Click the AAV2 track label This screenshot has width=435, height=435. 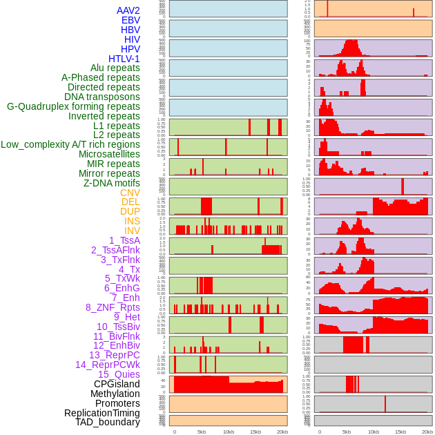[128, 10]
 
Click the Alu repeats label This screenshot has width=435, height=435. [115, 68]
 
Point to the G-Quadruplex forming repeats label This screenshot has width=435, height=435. [73, 106]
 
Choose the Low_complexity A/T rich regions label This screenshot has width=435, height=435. [70, 144]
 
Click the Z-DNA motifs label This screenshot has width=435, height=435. [111, 183]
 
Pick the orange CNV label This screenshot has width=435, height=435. [130, 193]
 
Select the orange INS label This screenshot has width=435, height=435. [132, 221]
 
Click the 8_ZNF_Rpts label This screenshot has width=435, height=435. [113, 307]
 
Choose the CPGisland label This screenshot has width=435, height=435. [117, 384]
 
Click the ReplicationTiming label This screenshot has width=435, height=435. [101, 413]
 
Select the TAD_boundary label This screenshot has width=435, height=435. [107, 422]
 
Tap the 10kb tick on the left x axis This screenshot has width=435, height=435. [228, 432]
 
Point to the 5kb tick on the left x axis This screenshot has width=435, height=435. [201, 432]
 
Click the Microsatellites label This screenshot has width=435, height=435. [109, 154]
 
